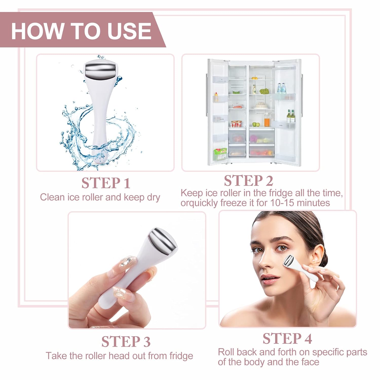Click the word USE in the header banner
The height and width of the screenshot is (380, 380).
point(129,31)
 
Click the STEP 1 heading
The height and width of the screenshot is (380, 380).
point(106,183)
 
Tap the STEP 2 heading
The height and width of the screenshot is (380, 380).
point(248,181)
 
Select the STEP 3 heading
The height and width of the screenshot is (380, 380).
point(126,341)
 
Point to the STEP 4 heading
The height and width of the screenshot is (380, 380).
point(287,338)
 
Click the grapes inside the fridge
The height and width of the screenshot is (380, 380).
point(264,91)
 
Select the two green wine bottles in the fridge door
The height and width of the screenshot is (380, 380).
point(290,116)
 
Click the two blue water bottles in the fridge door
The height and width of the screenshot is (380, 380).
point(281,88)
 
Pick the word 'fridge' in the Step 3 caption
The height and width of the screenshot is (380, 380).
point(181,356)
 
